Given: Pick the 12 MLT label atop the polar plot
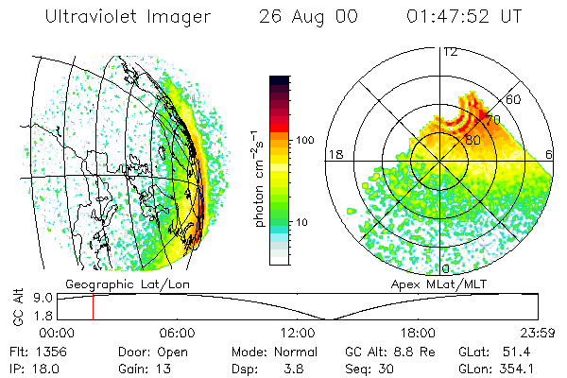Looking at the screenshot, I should tap(450, 51).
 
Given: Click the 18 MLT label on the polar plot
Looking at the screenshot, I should tap(334, 154).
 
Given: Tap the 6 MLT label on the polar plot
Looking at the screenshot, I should tap(550, 154).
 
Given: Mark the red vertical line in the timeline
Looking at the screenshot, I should tap(93, 307).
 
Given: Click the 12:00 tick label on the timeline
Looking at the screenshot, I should tap(298, 333).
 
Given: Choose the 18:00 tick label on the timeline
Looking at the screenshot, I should tap(418, 333).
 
